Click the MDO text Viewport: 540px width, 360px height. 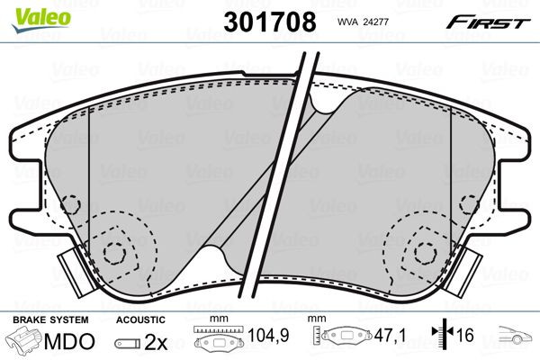(74, 343)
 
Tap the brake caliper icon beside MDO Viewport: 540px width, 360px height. (23, 343)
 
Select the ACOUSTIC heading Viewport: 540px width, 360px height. (140, 320)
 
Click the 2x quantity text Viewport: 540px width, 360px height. (157, 343)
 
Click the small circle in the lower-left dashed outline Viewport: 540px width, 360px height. (113, 253)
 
